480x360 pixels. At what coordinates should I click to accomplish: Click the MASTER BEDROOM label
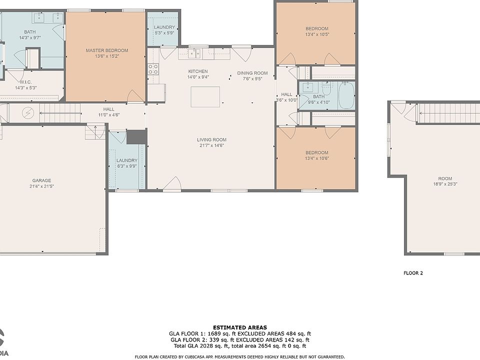click(107, 50)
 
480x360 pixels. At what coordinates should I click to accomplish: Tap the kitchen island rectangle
click(205, 96)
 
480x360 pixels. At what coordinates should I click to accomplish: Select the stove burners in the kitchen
click(153, 69)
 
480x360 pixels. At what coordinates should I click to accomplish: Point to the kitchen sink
click(194, 54)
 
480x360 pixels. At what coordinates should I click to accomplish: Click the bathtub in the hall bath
click(346, 95)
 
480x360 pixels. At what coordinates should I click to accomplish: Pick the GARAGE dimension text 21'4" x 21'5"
click(41, 186)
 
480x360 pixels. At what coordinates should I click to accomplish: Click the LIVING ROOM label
click(211, 140)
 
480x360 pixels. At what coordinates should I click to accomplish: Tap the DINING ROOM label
click(252, 73)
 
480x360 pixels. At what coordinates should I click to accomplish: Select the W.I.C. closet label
click(25, 82)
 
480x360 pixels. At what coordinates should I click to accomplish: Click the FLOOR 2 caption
click(413, 273)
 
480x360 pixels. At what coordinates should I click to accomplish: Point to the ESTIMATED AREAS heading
click(240, 327)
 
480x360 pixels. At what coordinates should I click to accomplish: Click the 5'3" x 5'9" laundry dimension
click(164, 33)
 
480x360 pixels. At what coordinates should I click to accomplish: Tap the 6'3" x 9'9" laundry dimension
click(126, 166)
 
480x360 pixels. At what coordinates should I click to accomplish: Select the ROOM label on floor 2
click(445, 178)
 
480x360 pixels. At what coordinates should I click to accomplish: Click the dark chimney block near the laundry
click(136, 137)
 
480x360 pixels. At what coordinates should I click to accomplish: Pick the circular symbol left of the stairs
click(28, 113)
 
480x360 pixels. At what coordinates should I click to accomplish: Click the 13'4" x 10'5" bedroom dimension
click(317, 34)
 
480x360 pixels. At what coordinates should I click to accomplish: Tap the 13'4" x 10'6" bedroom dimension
click(317, 158)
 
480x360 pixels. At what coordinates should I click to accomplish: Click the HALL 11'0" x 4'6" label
click(108, 112)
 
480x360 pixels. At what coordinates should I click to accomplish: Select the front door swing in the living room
click(172, 183)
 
